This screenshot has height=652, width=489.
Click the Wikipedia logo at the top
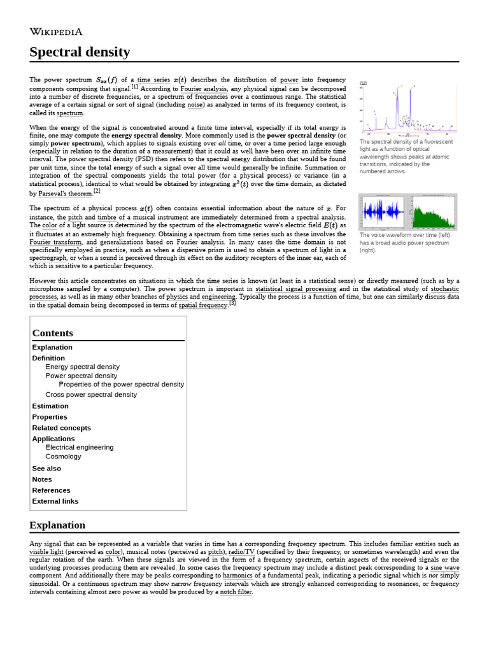pos(56,32)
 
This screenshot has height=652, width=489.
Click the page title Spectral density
pos(80,52)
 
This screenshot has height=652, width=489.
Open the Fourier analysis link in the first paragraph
pos(203,89)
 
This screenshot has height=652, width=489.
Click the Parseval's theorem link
pos(61,194)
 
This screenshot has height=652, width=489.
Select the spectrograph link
pos(48,258)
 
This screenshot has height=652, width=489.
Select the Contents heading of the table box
pos(53,333)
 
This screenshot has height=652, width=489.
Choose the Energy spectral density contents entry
pos(82,367)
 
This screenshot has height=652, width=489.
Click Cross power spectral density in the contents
pos(91,395)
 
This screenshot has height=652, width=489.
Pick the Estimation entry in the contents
pos(50,406)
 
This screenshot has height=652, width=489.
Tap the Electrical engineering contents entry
pos(80,447)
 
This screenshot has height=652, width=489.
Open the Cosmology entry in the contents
pos(63,457)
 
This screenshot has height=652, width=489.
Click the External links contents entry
pos(55,501)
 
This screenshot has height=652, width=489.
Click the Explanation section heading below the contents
pos(57,525)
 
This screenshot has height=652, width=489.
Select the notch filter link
pos(236,592)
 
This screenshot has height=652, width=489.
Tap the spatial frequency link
pos(202,306)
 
